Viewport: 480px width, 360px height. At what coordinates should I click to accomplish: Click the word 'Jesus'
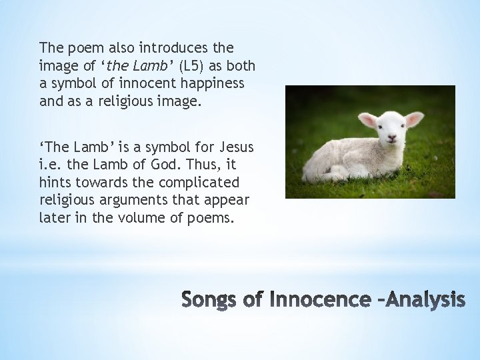[x=237, y=147]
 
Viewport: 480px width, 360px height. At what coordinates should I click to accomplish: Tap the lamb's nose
[x=393, y=139]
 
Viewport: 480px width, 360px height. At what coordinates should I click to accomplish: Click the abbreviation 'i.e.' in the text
[x=49, y=165]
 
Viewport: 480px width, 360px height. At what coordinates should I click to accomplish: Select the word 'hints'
[x=55, y=182]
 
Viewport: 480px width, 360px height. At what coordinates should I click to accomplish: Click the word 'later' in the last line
[x=54, y=217]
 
